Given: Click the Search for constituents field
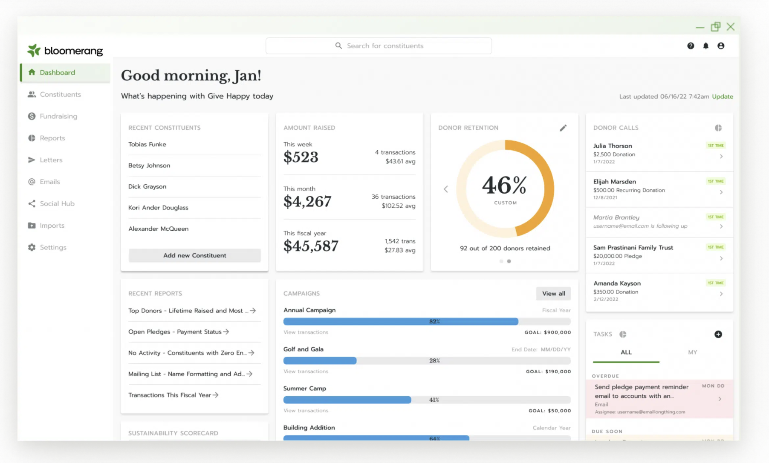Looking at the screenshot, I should point(379,46).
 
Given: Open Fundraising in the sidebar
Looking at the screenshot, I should point(58,116).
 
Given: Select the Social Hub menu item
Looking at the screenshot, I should point(57,203).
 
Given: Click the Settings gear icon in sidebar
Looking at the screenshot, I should point(32,247).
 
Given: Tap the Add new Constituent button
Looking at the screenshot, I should point(194,255).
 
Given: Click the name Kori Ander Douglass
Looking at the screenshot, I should point(158,208).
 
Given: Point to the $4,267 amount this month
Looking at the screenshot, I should point(307,201).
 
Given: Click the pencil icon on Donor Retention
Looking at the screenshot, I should point(563,128).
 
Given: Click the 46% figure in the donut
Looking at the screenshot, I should point(505,186).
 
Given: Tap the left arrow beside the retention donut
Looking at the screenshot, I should point(446,189).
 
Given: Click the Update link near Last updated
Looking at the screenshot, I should point(722,97).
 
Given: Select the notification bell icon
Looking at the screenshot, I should point(706,46).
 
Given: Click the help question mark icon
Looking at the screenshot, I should point(691,46).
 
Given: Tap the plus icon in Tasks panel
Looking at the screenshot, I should point(718,334).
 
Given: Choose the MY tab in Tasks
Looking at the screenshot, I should point(692,352).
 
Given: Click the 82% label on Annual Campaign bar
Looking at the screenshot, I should point(434,322).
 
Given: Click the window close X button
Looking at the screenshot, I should point(731,27).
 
